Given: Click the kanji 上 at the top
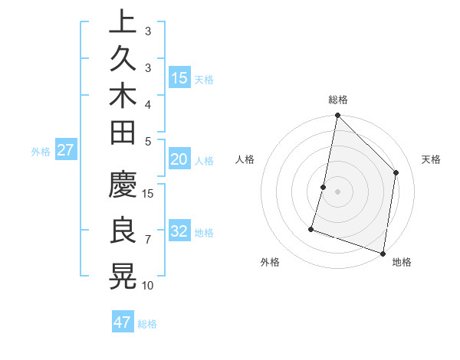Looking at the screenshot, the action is tap(123, 22).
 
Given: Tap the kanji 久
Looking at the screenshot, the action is tap(123, 59).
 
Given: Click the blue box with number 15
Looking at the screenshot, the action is tap(179, 78).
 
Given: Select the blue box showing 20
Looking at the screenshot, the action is tap(179, 159).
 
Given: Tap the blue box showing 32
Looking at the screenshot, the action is tap(179, 231).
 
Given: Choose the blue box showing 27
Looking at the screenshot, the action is tap(66, 150).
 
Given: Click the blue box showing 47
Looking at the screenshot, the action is tap(123, 322).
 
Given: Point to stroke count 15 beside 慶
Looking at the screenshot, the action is tap(148, 192).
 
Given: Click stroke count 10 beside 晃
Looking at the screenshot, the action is tap(148, 286).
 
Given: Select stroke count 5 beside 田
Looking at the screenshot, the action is tap(148, 141).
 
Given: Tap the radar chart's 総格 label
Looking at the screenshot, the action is tap(337, 100).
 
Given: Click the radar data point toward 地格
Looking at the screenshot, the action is tap(383, 253).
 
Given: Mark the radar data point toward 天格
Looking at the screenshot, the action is tap(396, 172).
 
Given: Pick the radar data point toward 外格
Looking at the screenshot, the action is tap(311, 228).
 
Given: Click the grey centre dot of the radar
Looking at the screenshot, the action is tap(337, 191).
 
